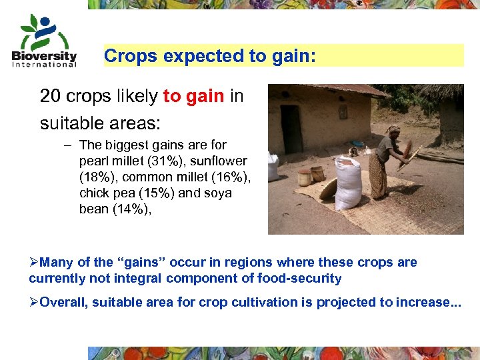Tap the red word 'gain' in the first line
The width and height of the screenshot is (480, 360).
(205, 96)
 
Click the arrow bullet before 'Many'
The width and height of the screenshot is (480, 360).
(34, 262)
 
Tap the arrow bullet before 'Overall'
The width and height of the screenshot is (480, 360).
(34, 303)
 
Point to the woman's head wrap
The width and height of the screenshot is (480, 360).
(393, 129)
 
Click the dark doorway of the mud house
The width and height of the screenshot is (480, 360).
(291, 129)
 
